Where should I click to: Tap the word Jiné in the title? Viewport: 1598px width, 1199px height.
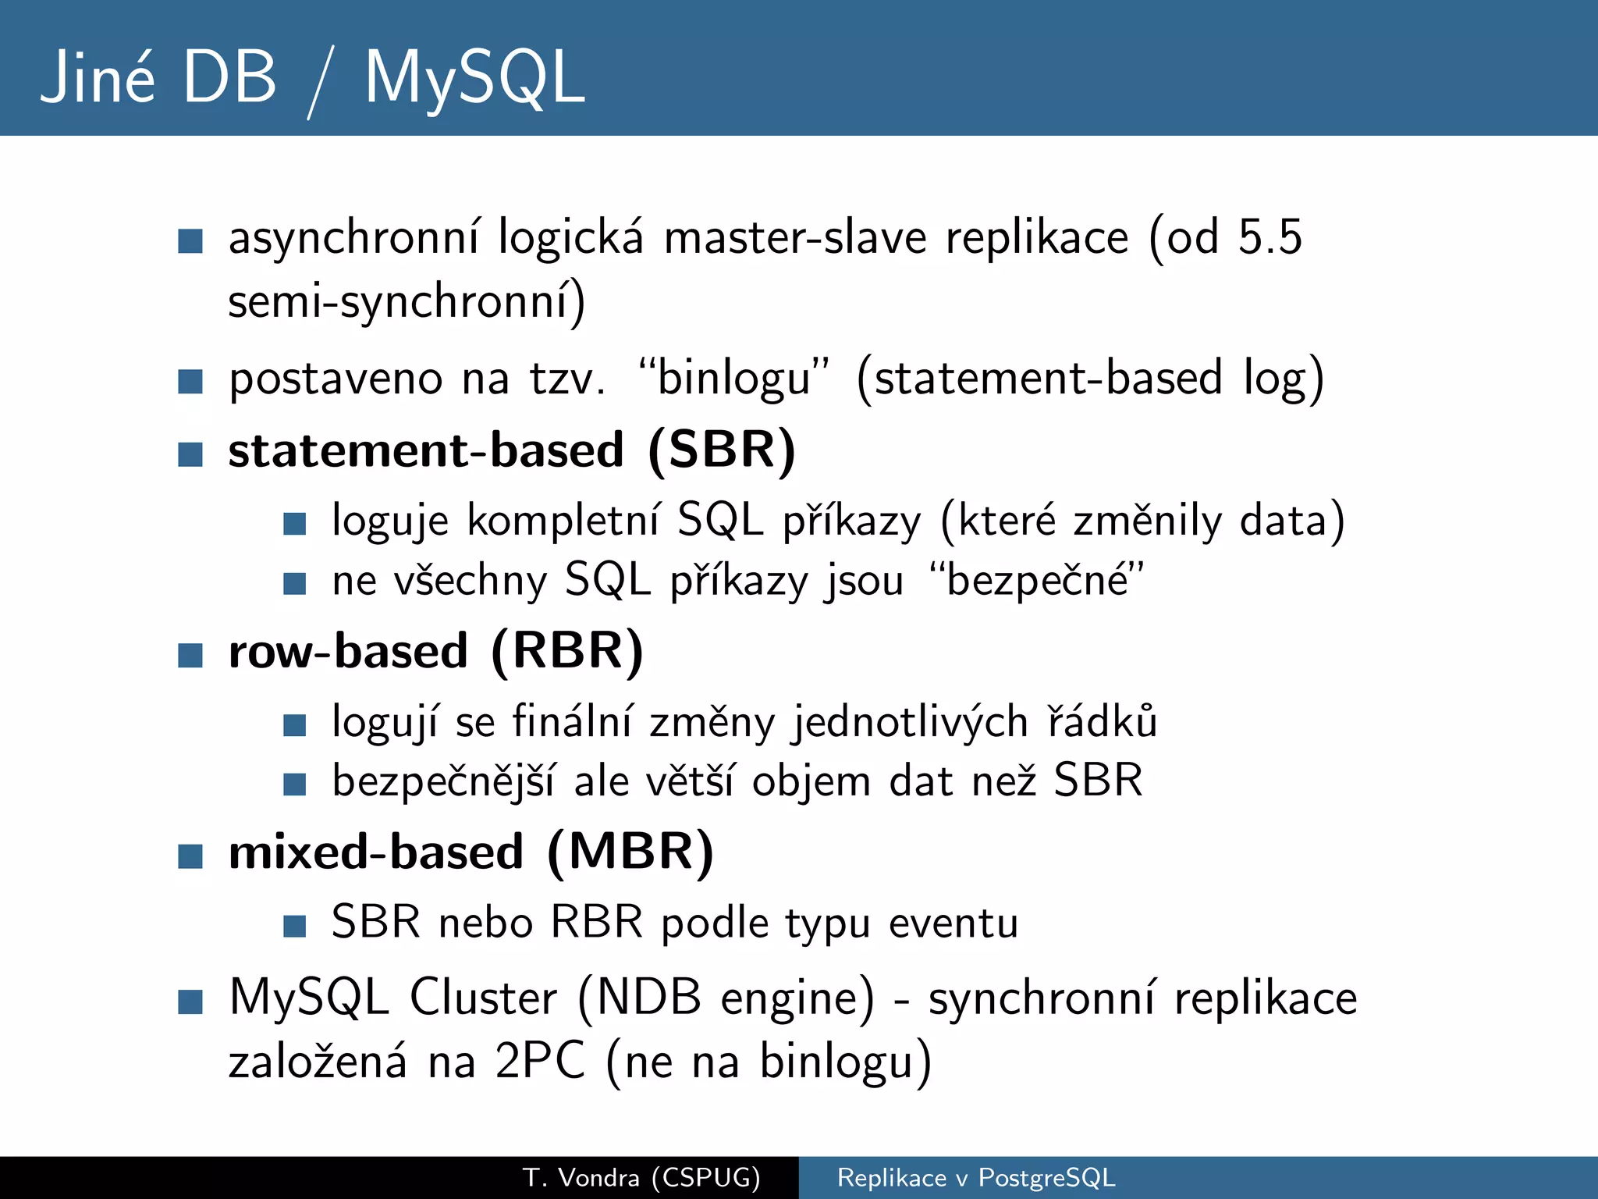98,78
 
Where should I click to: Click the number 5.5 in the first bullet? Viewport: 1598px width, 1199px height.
1270,237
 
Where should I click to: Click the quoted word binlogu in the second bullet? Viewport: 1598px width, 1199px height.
733,379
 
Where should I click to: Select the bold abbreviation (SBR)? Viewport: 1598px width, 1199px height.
722,450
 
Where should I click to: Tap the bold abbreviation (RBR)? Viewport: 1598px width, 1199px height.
567,651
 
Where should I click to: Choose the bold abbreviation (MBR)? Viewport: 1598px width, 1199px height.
630,852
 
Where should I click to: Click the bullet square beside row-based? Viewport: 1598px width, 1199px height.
190,655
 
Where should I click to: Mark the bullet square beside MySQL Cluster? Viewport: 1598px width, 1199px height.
190,1002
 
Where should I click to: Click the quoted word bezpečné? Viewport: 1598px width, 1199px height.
1037,581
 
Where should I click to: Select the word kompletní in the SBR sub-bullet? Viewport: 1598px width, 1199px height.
563,521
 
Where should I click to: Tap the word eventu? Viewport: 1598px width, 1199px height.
953,923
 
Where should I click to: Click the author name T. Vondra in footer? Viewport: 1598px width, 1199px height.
581,1177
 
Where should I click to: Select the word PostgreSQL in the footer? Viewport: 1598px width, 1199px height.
1046,1177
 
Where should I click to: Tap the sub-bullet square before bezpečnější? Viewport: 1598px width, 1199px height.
294,784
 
